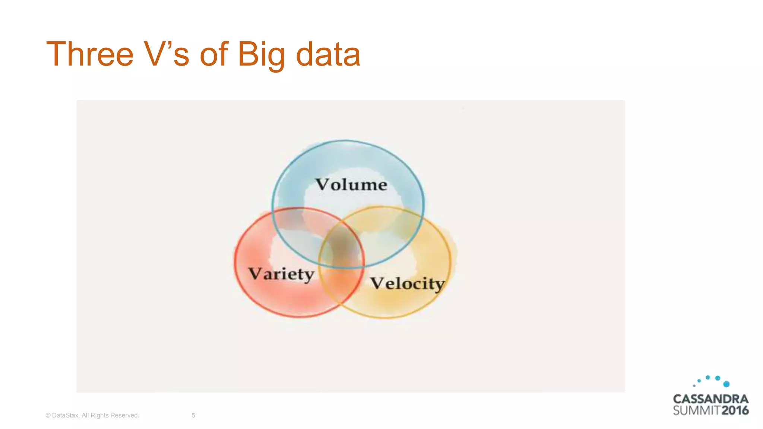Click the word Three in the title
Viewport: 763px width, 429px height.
[x=90, y=55]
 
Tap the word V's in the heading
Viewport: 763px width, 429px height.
[x=167, y=55]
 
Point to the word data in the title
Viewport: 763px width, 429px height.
[x=328, y=55]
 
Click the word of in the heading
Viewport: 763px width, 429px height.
[x=213, y=55]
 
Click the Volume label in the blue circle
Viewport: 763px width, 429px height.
[x=351, y=185]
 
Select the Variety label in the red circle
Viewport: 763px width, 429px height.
[x=281, y=274]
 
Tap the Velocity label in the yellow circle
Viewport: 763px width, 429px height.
[x=407, y=283]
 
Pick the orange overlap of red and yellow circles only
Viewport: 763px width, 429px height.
[x=341, y=285]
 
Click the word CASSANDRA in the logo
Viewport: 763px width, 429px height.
[x=710, y=399]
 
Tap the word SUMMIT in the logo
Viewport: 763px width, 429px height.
[x=696, y=410]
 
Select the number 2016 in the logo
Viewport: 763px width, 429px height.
[x=735, y=410]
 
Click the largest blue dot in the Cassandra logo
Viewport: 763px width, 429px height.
[x=726, y=384]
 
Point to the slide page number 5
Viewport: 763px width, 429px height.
[x=193, y=415]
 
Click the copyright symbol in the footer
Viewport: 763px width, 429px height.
[x=48, y=415]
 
